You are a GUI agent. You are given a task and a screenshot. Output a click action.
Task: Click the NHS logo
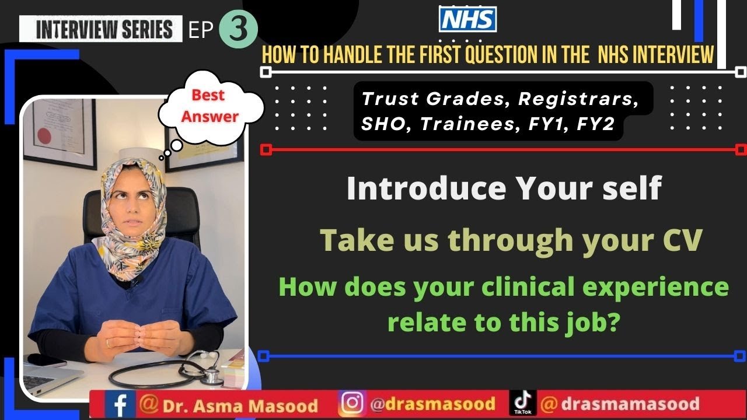coord(467,19)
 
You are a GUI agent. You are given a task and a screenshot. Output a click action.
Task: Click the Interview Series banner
coord(100,29)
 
